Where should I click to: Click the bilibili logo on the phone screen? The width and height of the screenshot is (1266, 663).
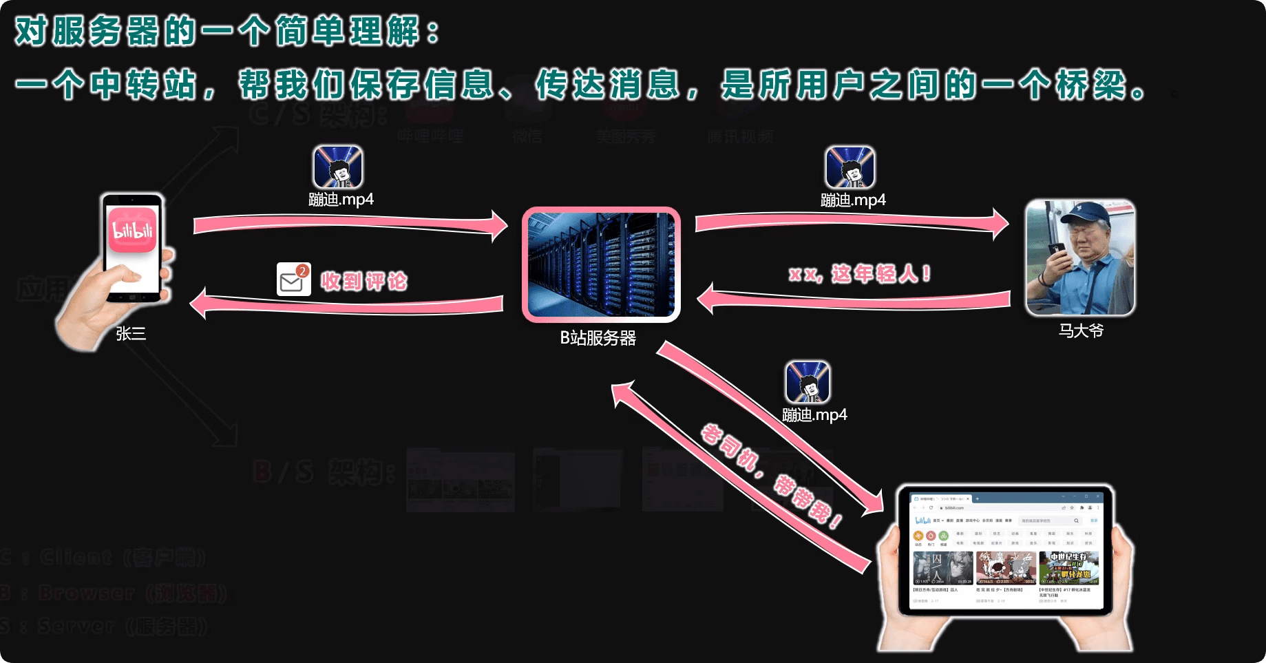[132, 230]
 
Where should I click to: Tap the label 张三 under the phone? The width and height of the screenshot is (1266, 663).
[131, 334]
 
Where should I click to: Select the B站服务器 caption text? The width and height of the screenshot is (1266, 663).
[598, 338]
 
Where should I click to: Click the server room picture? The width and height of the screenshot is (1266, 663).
[601, 264]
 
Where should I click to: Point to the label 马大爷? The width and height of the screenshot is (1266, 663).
[1081, 331]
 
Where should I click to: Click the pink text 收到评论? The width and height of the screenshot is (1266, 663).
[364, 282]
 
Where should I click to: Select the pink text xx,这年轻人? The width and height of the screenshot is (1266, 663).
[860, 274]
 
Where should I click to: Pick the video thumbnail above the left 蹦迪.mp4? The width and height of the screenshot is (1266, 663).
[338, 167]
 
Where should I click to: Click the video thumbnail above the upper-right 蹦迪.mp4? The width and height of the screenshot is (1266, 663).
[850, 167]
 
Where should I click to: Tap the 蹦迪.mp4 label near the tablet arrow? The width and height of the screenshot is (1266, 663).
[814, 415]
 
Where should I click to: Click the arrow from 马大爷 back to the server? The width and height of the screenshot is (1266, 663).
[854, 299]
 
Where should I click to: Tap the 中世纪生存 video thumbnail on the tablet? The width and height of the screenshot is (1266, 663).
[1068, 567]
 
